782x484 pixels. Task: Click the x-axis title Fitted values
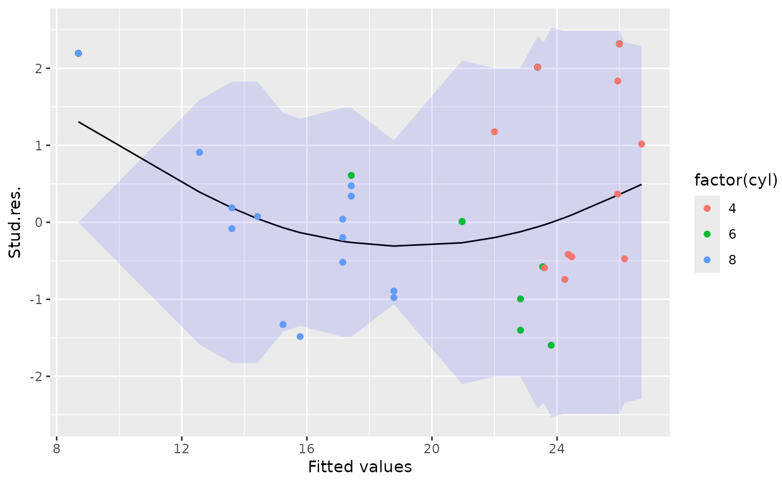(x=360, y=467)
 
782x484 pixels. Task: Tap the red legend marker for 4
(x=707, y=208)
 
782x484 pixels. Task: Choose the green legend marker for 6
(x=707, y=234)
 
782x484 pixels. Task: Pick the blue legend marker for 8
(x=707, y=260)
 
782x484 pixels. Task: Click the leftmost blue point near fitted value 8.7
(x=78, y=53)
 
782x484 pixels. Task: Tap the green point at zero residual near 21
(x=462, y=221)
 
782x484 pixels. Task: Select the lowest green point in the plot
(x=551, y=345)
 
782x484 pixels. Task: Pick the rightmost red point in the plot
(x=641, y=144)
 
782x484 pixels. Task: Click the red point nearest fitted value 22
(x=494, y=132)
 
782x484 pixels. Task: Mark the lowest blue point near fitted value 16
(x=300, y=336)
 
